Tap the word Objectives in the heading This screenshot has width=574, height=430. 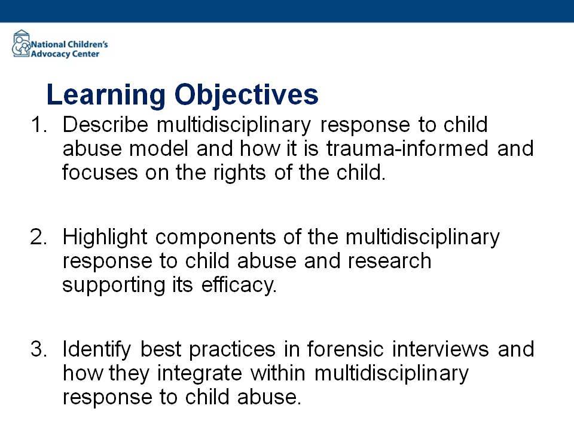[246, 96]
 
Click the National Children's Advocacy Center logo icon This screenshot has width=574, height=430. [22, 44]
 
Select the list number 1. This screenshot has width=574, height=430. [39, 125]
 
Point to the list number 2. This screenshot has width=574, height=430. [38, 237]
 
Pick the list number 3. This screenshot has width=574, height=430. [38, 349]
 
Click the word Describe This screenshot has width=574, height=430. [105, 124]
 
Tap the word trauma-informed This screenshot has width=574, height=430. [407, 149]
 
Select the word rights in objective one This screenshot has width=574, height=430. [239, 174]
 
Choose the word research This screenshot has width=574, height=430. [389, 261]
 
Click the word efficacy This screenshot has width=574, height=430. [239, 286]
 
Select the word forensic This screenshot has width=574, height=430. [345, 349]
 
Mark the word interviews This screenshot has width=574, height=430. [441, 349]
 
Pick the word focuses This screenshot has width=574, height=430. [100, 173]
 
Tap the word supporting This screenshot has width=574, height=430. [114, 286]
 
